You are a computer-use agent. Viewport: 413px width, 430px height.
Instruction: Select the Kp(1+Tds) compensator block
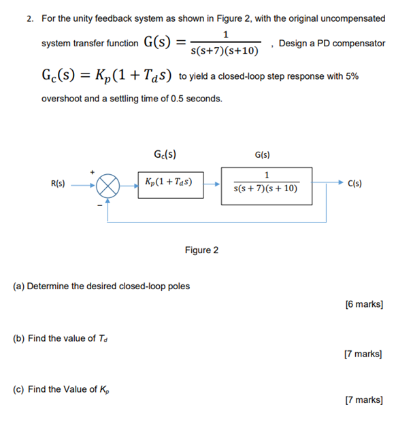pyautogui.click(x=170, y=183)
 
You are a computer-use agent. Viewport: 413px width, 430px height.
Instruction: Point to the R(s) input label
pyautogui.click(x=59, y=183)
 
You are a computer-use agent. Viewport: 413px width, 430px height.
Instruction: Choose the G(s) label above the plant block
pyautogui.click(x=263, y=154)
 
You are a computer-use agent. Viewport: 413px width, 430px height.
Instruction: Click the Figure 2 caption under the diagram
pyautogui.click(x=201, y=250)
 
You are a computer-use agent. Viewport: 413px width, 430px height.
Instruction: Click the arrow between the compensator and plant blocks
pyautogui.click(x=212, y=184)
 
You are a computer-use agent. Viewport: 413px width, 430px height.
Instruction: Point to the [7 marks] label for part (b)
pyautogui.click(x=364, y=354)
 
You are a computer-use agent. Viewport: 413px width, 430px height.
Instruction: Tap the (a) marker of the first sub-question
pyautogui.click(x=19, y=286)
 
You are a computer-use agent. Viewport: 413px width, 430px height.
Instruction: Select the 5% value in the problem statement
pyautogui.click(x=351, y=76)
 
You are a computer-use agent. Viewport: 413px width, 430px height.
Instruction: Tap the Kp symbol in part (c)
pyautogui.click(x=110, y=390)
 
